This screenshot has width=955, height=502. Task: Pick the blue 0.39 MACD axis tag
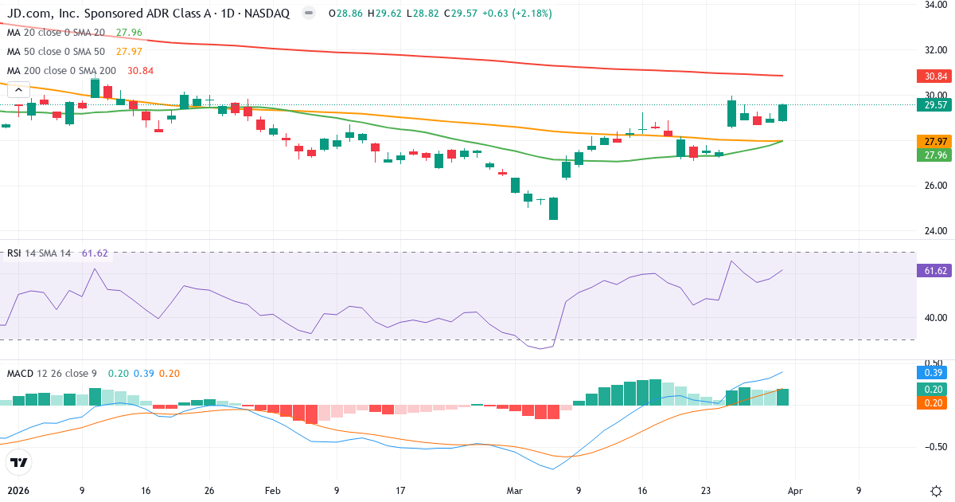pyautogui.click(x=932, y=372)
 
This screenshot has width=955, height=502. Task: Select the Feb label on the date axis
pyautogui.click(x=273, y=491)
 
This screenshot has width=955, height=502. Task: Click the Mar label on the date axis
pyautogui.click(x=515, y=491)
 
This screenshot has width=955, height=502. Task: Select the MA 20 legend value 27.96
pyautogui.click(x=129, y=33)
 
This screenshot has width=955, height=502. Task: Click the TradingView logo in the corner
pyautogui.click(x=19, y=462)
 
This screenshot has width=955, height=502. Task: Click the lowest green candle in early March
pyautogui.click(x=553, y=209)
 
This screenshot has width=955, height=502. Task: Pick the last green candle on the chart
pyautogui.click(x=782, y=112)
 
